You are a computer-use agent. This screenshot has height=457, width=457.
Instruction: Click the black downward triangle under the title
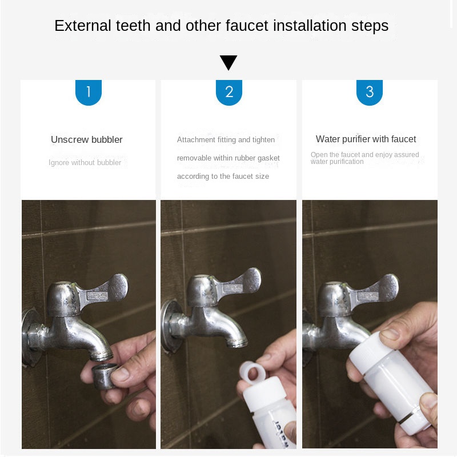pos(228,62)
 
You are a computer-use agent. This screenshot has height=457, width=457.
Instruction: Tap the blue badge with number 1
pos(89,93)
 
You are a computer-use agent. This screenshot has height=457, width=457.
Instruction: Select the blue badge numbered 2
pos(229,93)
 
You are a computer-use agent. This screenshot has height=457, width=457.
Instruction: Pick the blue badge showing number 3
pos(369,93)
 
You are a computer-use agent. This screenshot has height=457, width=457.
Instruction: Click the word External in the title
pos(82,26)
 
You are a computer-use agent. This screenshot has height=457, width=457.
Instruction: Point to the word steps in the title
pos(370,26)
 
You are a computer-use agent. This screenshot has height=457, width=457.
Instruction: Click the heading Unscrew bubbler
pos(87,139)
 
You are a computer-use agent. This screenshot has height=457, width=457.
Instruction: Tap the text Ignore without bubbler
pos(85,163)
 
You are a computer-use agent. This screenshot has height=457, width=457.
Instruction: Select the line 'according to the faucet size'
pos(223,177)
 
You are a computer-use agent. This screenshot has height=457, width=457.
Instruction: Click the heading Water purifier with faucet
pos(366,139)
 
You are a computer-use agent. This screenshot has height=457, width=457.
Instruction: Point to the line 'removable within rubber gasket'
pos(228,158)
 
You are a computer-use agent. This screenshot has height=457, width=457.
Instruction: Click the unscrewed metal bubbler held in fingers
pos(104,376)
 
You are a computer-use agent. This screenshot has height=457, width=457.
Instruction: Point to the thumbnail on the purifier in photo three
pos(390,334)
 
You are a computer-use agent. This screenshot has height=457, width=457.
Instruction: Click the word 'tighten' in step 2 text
pos(263,140)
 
